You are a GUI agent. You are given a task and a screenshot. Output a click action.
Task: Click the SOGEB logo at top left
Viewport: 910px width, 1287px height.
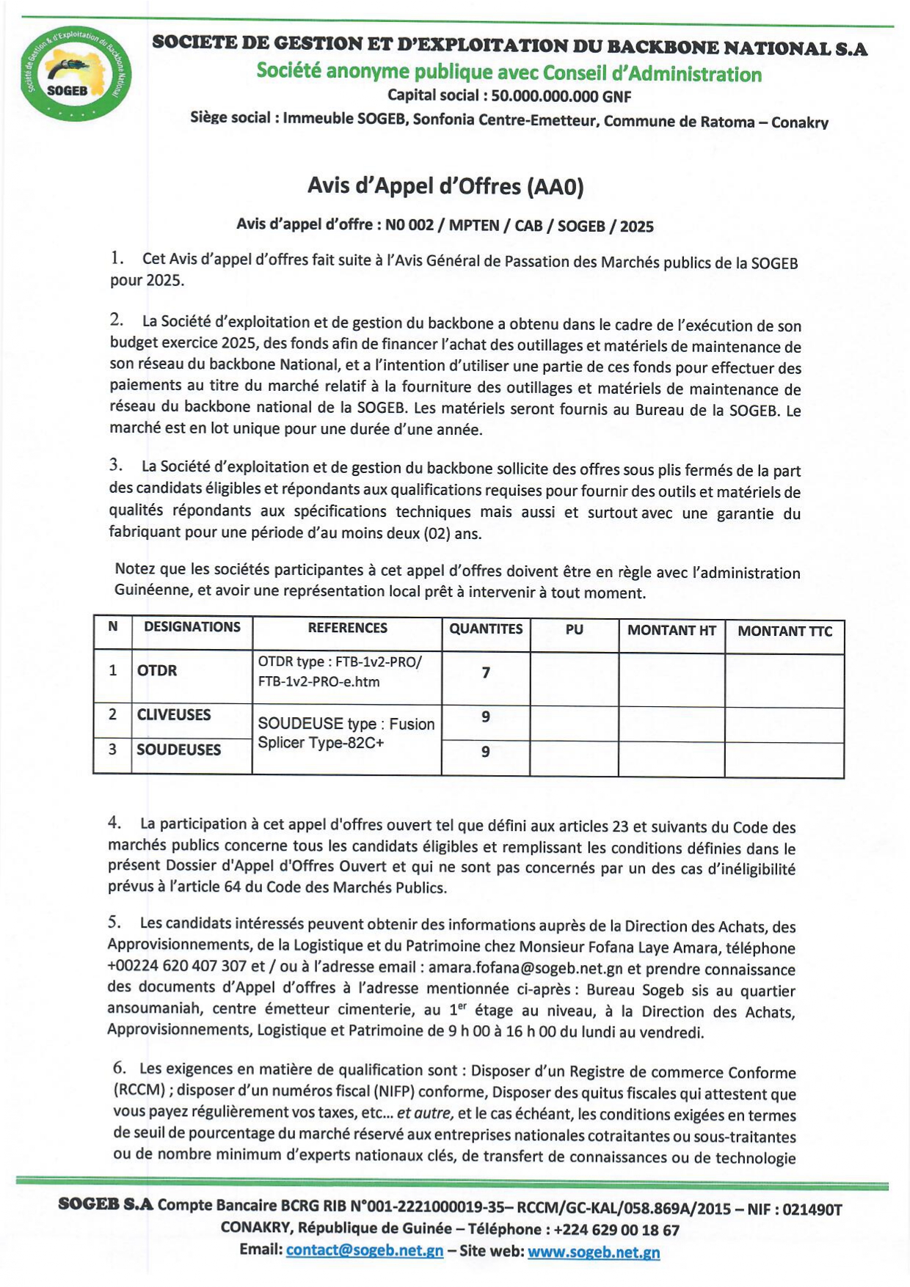click(76, 74)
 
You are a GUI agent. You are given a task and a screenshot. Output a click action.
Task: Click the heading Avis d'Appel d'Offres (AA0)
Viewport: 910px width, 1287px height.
click(445, 186)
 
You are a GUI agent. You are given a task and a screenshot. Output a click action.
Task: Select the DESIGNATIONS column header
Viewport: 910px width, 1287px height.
click(192, 627)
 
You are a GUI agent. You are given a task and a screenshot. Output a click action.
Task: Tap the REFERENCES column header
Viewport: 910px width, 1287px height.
click(347, 628)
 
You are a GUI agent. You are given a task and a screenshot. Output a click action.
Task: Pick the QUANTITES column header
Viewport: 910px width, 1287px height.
click(486, 629)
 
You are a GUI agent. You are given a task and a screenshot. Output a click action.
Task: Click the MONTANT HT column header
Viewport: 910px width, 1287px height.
click(671, 630)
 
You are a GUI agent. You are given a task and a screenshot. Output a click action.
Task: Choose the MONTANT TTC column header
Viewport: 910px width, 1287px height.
click(785, 631)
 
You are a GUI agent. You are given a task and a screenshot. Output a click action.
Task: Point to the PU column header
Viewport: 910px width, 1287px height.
click(574, 629)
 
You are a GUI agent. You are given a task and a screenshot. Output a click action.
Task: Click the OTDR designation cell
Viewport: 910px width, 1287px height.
click(157, 670)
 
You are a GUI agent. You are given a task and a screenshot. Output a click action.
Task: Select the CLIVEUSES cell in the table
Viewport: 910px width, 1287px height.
click(174, 715)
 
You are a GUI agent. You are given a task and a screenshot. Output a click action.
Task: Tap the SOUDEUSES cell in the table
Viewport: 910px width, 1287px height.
click(178, 749)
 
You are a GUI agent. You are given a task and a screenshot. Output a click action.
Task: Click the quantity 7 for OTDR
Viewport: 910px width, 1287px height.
click(486, 672)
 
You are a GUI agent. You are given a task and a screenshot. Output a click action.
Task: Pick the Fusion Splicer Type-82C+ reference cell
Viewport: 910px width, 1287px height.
click(346, 733)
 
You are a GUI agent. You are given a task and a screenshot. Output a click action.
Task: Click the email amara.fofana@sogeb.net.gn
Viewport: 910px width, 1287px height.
click(525, 969)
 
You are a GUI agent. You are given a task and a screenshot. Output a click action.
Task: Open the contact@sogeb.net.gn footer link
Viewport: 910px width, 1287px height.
click(364, 1250)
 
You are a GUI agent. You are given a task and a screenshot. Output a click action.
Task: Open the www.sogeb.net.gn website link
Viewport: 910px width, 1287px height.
click(593, 1252)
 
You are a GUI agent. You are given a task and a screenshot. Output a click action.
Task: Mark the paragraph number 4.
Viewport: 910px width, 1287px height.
click(114, 823)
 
